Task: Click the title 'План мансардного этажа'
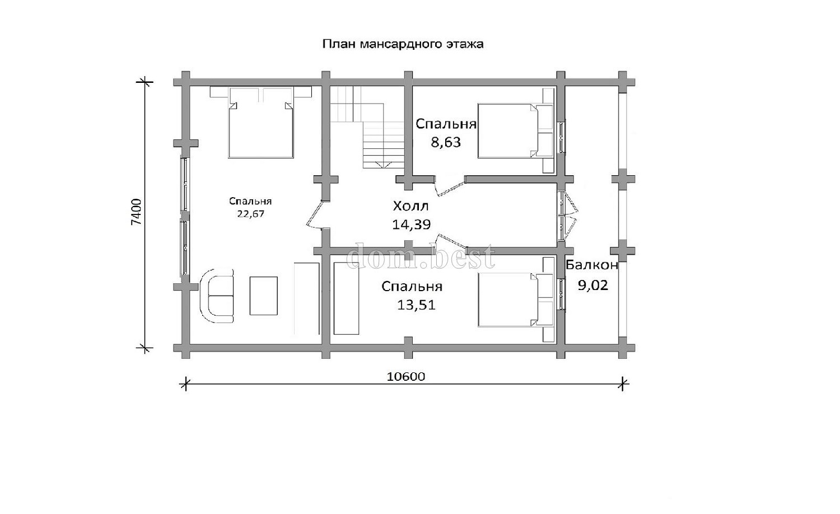403,44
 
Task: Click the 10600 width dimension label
406,376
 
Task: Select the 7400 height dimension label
137,212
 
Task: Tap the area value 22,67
250,214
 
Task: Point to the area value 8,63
446,142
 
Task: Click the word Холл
410,206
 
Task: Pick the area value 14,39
412,225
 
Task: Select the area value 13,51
416,305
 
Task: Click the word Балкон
592,265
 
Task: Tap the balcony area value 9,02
592,286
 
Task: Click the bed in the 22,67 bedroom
260,122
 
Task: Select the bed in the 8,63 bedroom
516,131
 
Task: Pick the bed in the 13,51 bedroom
516,300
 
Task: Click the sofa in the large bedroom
217,296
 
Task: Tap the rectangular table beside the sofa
264,296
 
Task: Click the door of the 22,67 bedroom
317,215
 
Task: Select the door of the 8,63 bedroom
450,187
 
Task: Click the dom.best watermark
421,256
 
